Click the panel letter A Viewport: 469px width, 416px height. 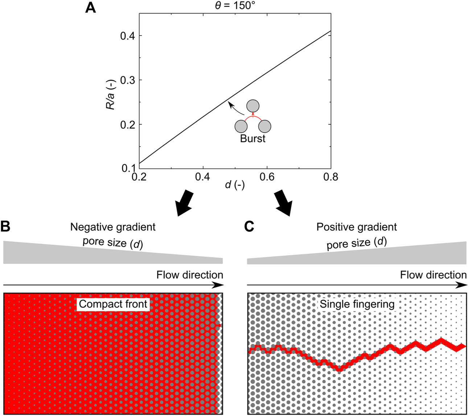coord(90,7)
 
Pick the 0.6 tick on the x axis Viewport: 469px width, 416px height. coord(267,177)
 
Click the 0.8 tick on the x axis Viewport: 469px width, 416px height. coord(330,177)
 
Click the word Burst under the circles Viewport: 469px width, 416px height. coord(253,139)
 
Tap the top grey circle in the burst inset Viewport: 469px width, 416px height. coord(253,106)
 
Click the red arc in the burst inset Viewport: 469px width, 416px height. coord(253,118)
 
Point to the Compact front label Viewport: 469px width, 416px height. coord(113,304)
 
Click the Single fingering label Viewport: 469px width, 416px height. coord(357,304)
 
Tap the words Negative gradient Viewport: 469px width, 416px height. coord(113,227)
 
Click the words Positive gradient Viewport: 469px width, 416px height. coord(357,227)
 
